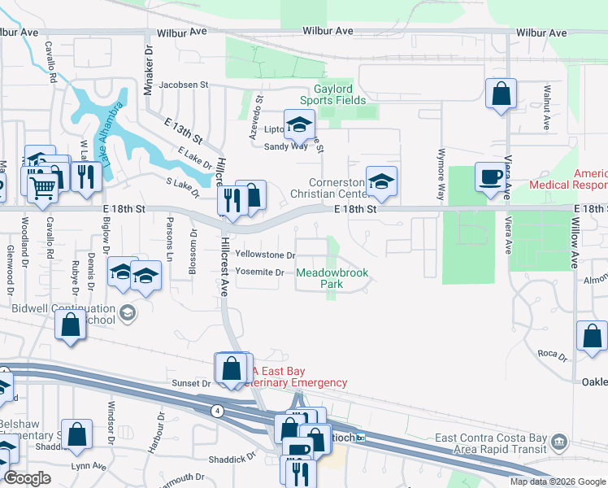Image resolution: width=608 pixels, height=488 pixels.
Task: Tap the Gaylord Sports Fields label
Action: point(345,94)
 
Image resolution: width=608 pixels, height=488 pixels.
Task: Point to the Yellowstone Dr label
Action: point(265,255)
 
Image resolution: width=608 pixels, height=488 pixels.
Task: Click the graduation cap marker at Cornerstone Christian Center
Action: point(380,182)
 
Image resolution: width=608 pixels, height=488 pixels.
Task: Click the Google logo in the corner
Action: point(27,477)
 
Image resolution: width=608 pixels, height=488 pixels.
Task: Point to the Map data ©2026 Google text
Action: point(558,481)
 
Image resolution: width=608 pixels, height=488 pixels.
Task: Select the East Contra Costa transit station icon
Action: point(558,442)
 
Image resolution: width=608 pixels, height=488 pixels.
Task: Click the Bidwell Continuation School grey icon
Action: point(127,313)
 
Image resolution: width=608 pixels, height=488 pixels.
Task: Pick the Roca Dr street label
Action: point(552,353)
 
